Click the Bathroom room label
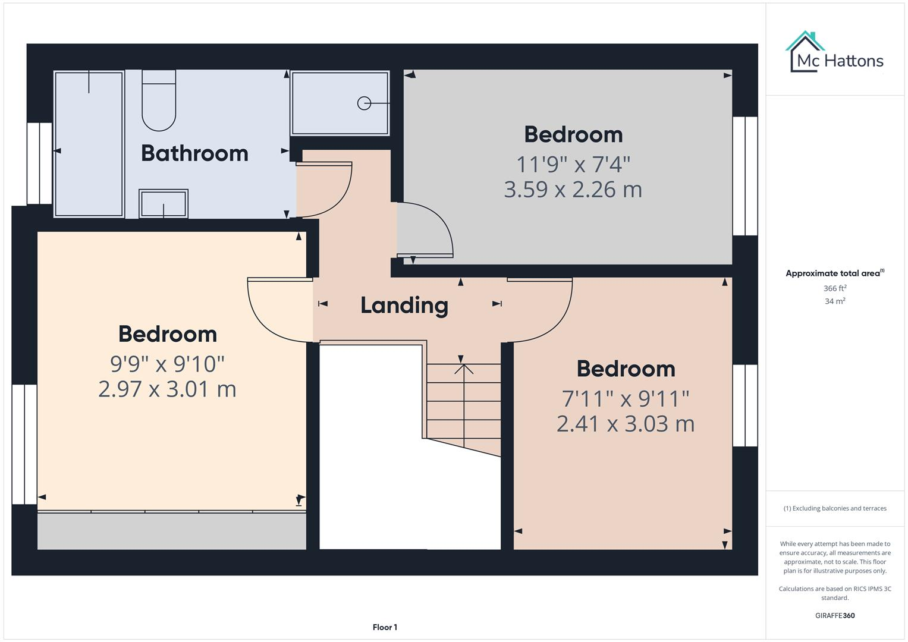(194, 153)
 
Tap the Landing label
(404, 305)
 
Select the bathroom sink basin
(164, 204)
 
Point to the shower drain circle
(364, 103)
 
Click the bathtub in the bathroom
(89, 144)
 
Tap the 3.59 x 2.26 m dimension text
(573, 190)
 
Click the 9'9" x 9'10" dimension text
(167, 362)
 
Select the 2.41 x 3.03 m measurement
(625, 424)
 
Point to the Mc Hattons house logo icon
(805, 51)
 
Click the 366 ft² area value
(834, 288)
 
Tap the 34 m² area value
(834, 301)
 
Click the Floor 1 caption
(385, 627)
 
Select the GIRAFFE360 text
(834, 615)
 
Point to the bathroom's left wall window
(40, 163)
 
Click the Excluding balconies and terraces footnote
(834, 508)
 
